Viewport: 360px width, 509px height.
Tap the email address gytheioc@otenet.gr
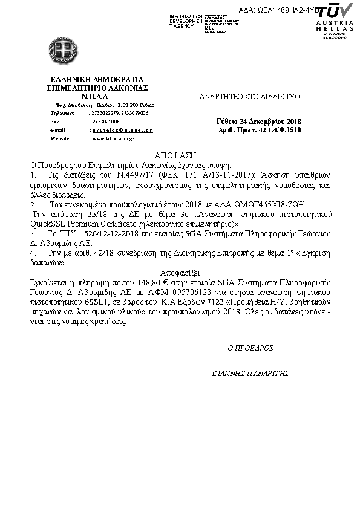point(121,130)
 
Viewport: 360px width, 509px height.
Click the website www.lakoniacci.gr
point(112,138)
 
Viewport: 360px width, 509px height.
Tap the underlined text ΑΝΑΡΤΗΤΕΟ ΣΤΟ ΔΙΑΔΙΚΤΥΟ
point(250,97)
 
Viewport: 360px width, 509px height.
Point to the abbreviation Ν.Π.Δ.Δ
point(94,96)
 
